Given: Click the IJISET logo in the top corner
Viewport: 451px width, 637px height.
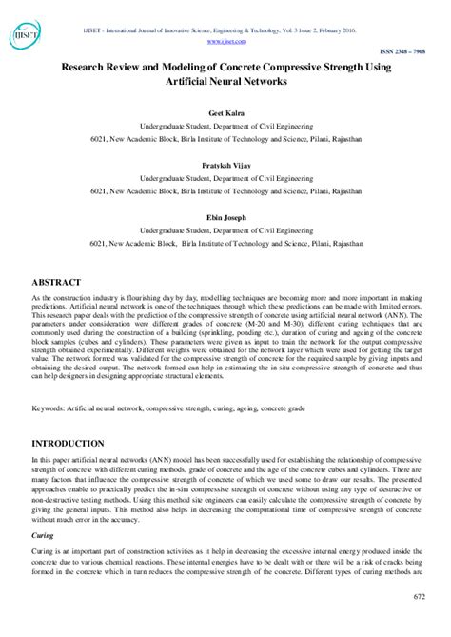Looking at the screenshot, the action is coord(25,35).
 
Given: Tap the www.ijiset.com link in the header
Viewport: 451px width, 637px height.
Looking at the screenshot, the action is coord(225,41).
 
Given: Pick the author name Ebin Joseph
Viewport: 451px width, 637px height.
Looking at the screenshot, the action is coord(225,214).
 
